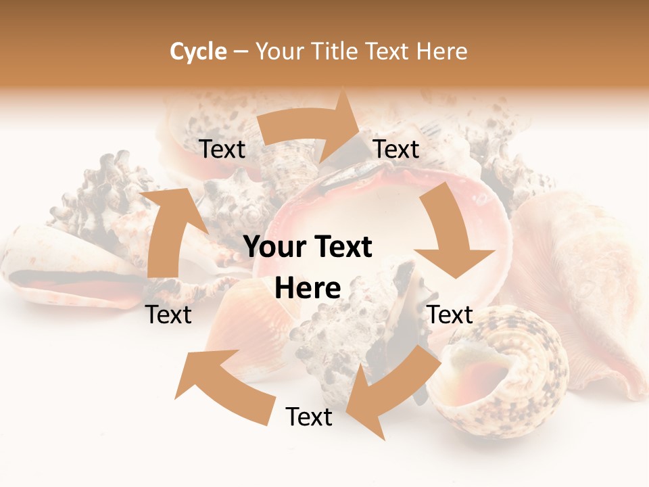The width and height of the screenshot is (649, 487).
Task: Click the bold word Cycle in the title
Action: [198, 51]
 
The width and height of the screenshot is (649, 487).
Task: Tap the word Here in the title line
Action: [441, 51]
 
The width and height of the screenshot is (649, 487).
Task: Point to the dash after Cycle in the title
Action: [241, 51]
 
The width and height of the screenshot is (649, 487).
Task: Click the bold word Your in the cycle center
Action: [273, 248]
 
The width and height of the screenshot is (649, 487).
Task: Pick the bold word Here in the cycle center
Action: [308, 288]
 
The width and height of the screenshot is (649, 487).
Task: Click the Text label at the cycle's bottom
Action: [309, 417]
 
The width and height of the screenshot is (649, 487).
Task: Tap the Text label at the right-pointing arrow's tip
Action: [396, 149]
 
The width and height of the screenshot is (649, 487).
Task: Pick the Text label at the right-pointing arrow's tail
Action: [222, 149]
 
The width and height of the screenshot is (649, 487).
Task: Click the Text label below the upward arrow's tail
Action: [169, 315]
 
